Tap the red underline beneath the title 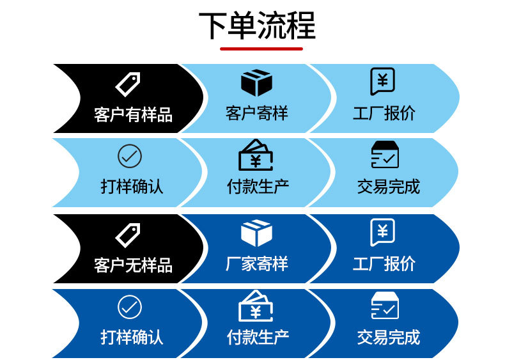click(x=261, y=48)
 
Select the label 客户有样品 click(x=133, y=115)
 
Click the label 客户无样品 click(x=133, y=265)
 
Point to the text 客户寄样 click(x=257, y=114)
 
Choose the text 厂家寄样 click(x=257, y=264)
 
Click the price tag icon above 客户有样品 click(x=127, y=84)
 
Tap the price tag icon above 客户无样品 click(x=127, y=235)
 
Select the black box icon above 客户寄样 click(x=257, y=83)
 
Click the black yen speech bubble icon click(x=382, y=82)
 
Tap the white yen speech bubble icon click(x=382, y=232)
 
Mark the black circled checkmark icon click(x=130, y=156)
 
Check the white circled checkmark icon click(x=130, y=308)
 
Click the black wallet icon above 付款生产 click(x=256, y=155)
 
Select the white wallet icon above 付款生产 click(x=256, y=306)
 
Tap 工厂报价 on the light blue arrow click(x=384, y=114)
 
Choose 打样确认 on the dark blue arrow click(x=132, y=337)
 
